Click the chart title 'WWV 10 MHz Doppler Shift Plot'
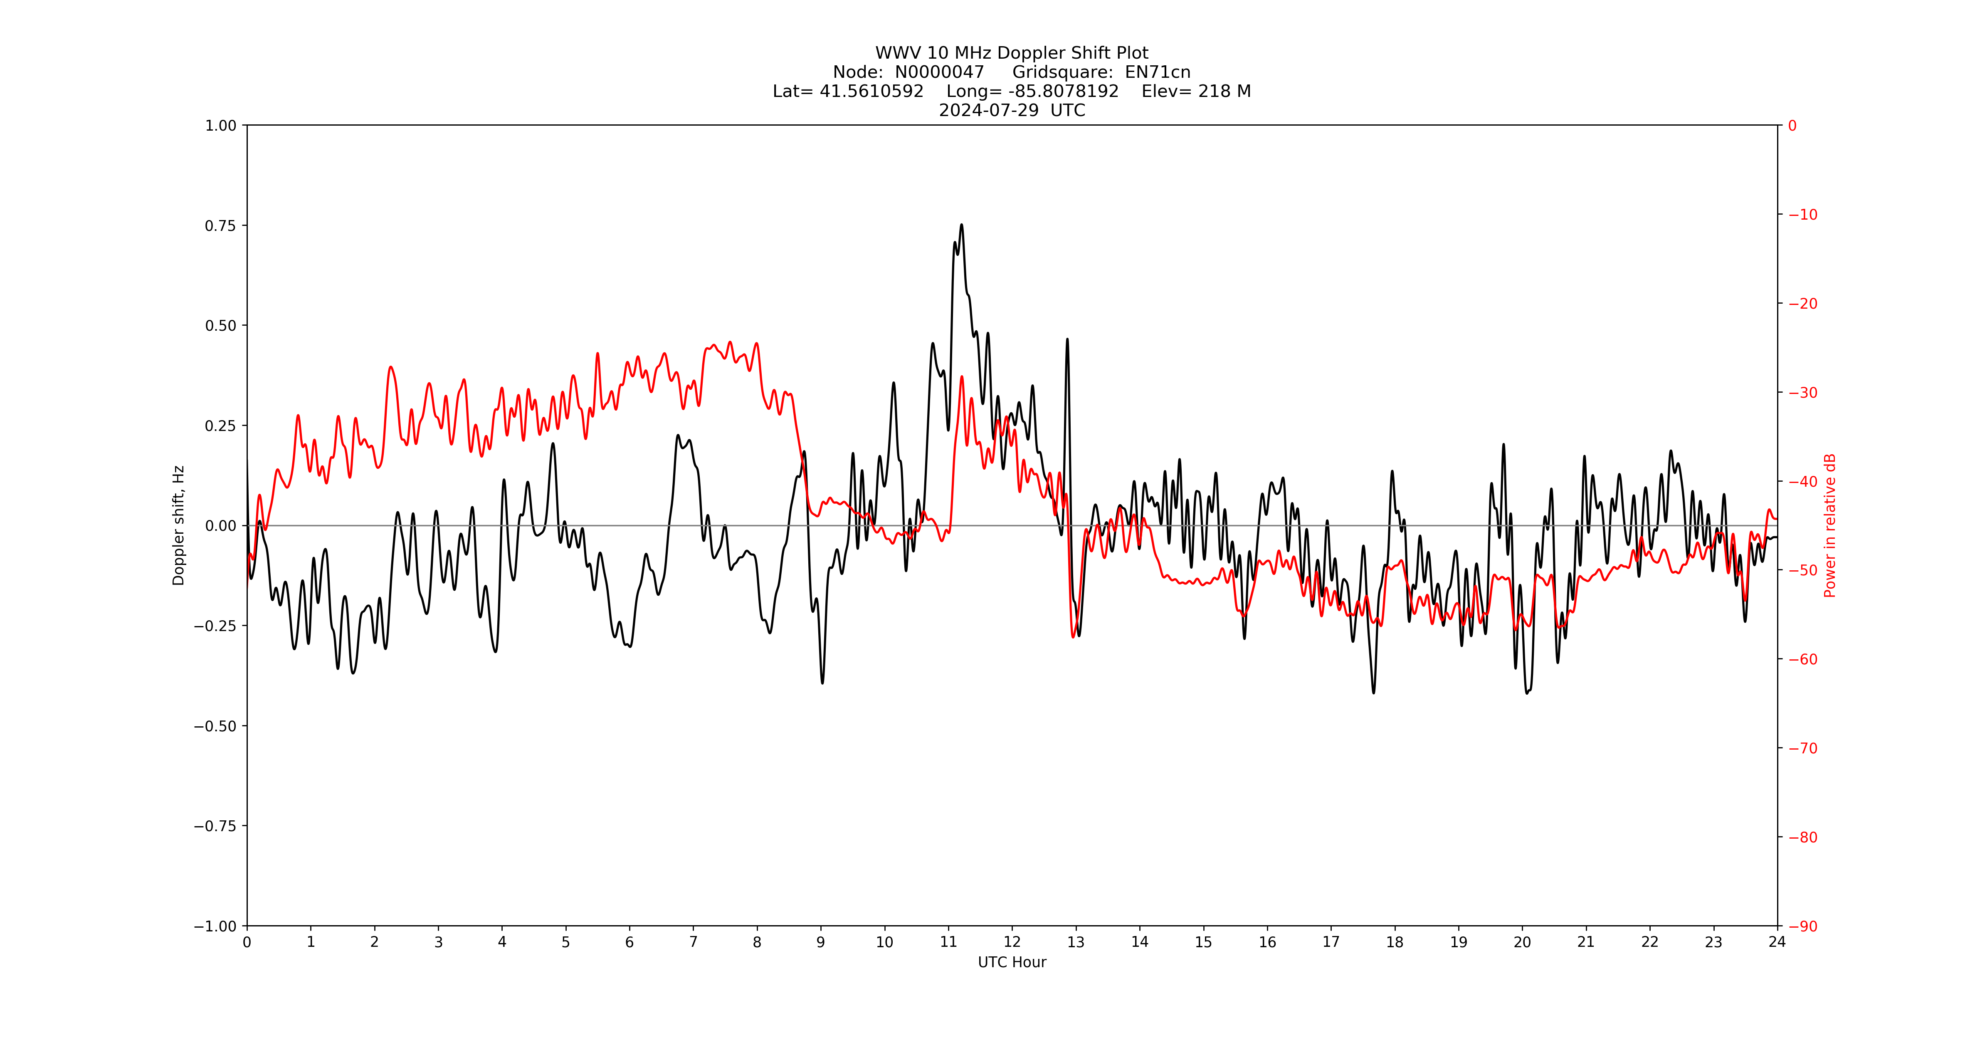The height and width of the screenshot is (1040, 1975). point(1011,53)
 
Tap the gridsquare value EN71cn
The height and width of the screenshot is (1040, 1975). point(1158,72)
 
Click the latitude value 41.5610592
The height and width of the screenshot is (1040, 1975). point(872,91)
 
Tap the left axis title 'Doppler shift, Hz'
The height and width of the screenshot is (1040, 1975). point(179,525)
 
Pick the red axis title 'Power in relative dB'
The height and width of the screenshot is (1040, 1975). point(1830,525)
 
